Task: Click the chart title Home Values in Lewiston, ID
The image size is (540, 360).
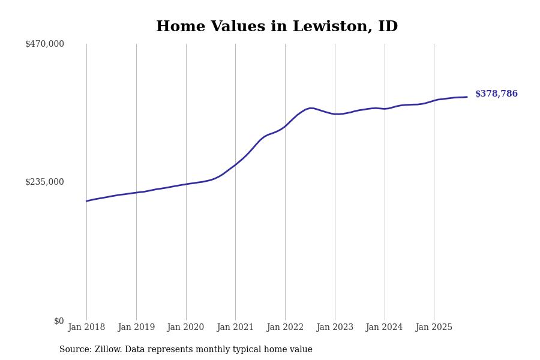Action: tap(277, 27)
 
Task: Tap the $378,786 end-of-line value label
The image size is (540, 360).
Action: tap(496, 94)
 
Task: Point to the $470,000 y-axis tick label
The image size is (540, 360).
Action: tap(44, 44)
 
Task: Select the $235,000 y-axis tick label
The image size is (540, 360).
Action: tap(44, 182)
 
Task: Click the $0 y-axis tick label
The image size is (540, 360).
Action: tap(59, 321)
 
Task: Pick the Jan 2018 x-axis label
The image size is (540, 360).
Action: tap(86, 328)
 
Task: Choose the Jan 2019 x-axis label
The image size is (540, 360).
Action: tap(136, 328)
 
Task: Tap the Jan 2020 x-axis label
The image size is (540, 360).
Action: tap(185, 328)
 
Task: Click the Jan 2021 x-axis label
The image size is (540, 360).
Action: tap(235, 328)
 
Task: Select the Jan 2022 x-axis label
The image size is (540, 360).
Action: tap(285, 328)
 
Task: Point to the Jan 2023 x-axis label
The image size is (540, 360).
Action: tap(335, 328)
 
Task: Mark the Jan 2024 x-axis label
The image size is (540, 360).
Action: tap(384, 328)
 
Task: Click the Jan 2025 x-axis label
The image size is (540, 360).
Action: tap(434, 328)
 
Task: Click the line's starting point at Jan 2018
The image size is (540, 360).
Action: tap(86, 201)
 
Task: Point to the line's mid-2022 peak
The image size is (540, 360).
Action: tap(311, 108)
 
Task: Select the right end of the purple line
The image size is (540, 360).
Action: tap(467, 97)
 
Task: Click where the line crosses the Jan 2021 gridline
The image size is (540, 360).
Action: tap(235, 164)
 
